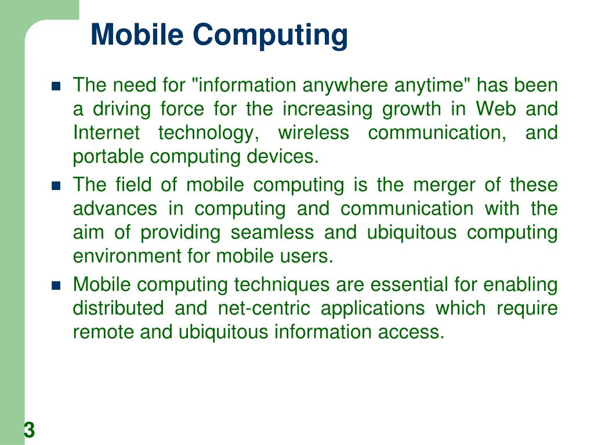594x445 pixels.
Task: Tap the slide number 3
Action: [30, 431]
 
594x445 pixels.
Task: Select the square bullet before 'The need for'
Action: [56, 87]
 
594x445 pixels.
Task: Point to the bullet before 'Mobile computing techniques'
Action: [56, 286]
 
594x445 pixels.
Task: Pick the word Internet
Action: [106, 133]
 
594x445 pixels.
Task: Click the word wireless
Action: [313, 133]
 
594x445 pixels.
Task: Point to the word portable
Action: [108, 156]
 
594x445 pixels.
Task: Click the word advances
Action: [114, 209]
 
